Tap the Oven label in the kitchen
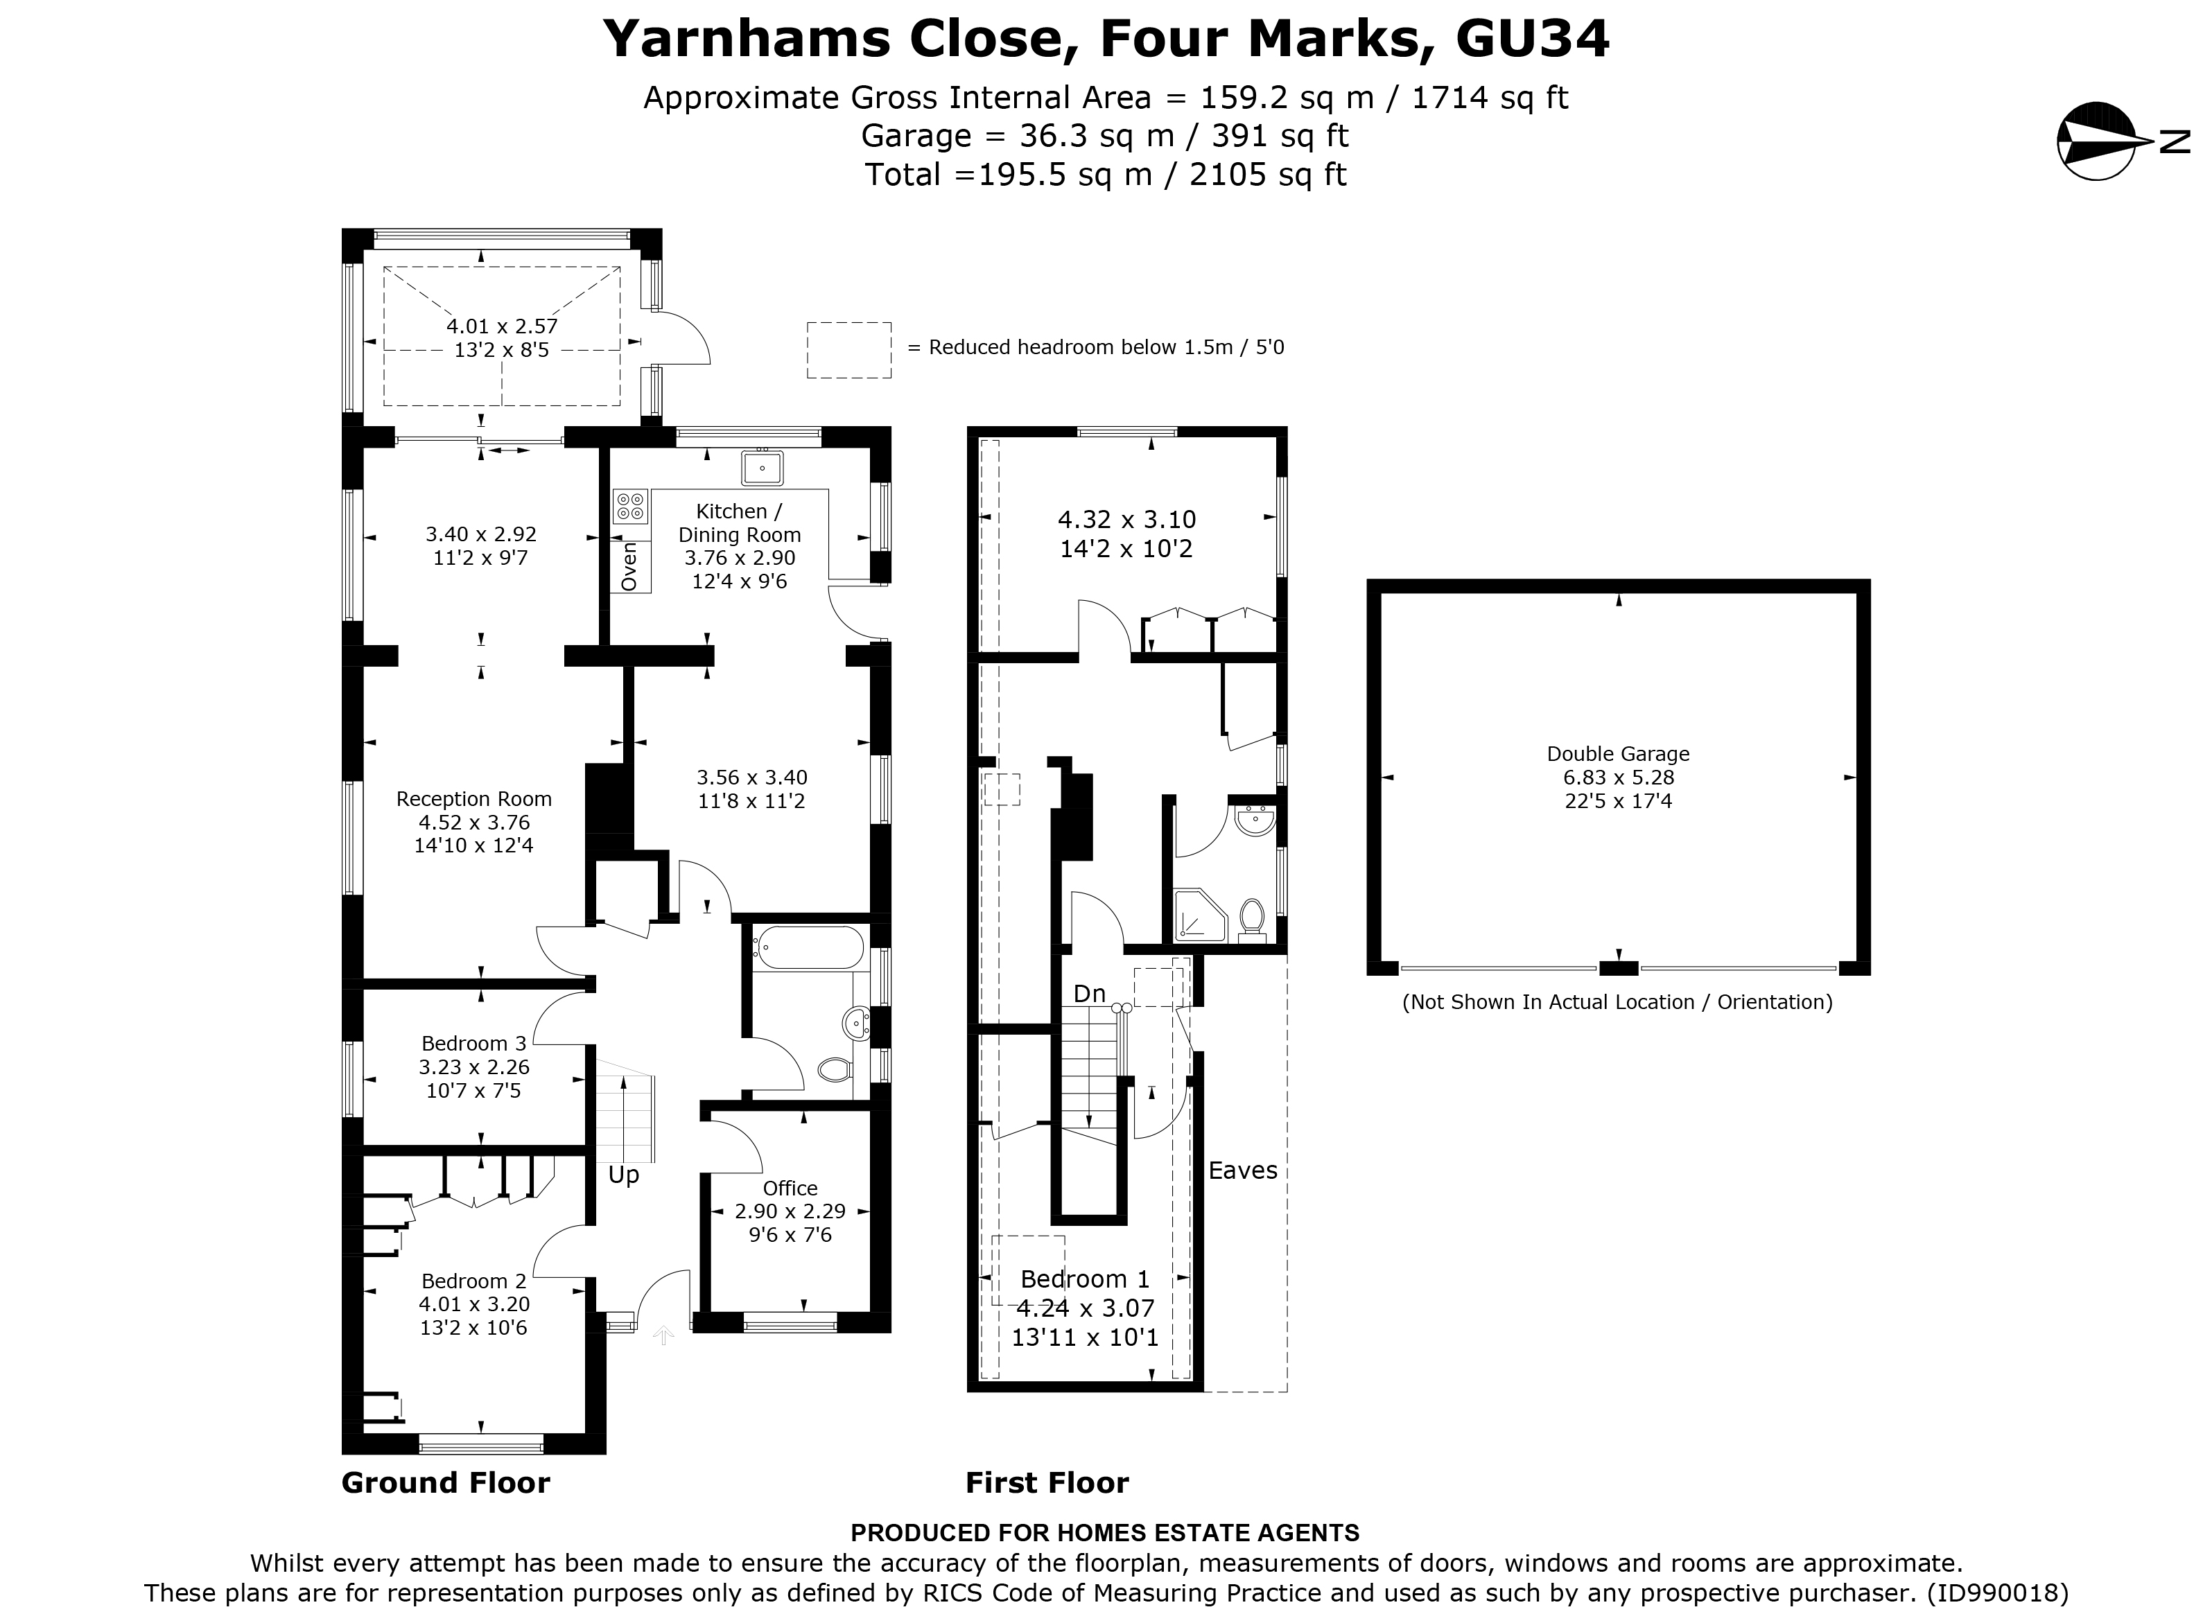point(629,567)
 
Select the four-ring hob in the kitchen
point(630,505)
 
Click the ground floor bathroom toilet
point(833,1070)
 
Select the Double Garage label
point(1617,754)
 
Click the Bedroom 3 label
point(474,1044)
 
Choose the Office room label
point(790,1188)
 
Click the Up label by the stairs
point(623,1175)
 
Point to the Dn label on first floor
point(1090,994)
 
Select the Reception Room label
point(474,799)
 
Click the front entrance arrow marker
point(663,1335)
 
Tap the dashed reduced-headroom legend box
point(848,350)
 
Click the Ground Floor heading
point(446,1483)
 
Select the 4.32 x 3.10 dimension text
point(1126,520)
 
